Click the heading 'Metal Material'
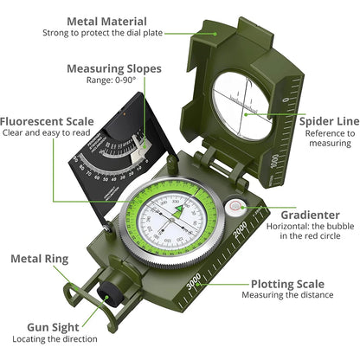[95, 21]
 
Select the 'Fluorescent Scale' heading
[48, 121]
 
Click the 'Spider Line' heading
[328, 121]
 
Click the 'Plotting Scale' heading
[288, 284]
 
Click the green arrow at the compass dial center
[178, 211]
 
